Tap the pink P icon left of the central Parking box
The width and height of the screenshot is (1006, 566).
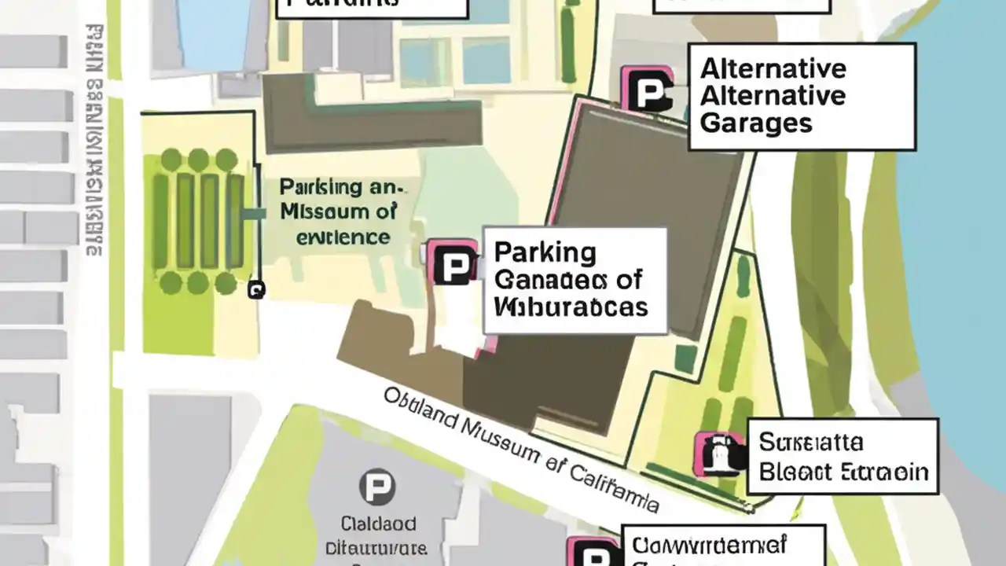[453, 263]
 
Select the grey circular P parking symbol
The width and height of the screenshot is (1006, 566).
[376, 487]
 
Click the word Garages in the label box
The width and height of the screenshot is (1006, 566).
[755, 123]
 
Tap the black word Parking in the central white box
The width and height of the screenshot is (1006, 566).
[545, 253]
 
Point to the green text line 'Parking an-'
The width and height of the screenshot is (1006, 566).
[340, 188]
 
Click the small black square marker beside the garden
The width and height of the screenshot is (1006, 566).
[255, 290]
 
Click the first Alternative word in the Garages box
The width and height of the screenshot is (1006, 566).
[773, 69]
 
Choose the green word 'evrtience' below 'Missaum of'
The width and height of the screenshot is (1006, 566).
[343, 236]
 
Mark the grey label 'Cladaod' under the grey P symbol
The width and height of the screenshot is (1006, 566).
[379, 523]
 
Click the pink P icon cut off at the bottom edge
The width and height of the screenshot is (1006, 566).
[594, 552]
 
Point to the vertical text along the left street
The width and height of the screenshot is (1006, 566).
[94, 141]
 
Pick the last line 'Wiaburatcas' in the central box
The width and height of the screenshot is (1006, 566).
[571, 306]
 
